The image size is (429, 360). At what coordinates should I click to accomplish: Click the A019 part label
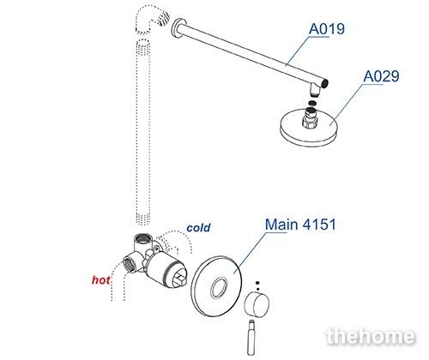327,29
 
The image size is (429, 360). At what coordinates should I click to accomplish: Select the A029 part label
381,76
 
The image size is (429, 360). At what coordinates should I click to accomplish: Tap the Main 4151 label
300,225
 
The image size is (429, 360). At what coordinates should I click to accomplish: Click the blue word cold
198,228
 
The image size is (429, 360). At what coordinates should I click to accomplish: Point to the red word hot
101,280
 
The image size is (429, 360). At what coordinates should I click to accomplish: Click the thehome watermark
371,336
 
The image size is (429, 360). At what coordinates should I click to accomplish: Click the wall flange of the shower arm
179,29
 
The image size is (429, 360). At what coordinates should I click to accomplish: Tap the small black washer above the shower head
312,103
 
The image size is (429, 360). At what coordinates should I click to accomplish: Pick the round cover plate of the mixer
216,286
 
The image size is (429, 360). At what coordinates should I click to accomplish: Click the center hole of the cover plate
220,286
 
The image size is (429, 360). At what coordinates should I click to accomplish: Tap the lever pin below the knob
251,338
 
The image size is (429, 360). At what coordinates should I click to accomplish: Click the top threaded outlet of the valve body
143,239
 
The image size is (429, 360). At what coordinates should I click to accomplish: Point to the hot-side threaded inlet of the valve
130,263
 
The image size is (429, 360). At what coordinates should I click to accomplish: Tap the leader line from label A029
348,104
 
